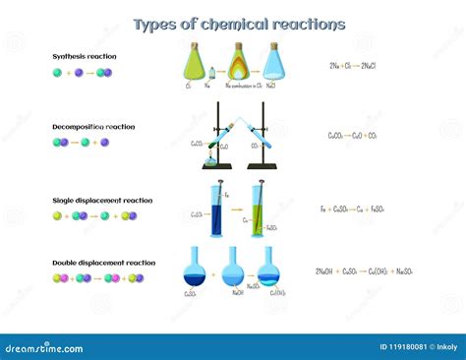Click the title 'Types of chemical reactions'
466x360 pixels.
pos(239,24)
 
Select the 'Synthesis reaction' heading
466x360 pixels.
pos(85,56)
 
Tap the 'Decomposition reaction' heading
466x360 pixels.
pos(94,127)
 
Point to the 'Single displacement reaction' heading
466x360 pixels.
pos(102,200)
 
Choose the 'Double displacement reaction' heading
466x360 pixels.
pos(103,263)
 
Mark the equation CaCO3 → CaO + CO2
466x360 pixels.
pos(360,136)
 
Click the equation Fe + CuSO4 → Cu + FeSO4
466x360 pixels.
pos(358,209)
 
